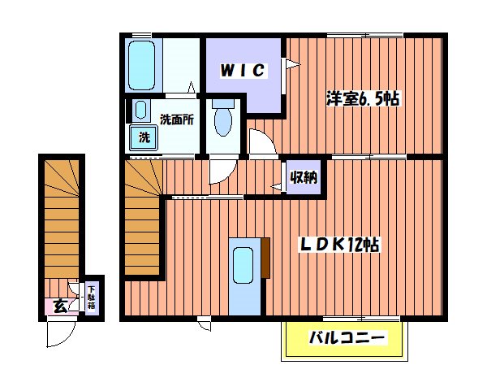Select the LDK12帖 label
point(343,244)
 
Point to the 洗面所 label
point(176,119)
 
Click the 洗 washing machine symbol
point(144,137)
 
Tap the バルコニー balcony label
point(345,337)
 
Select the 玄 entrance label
point(60,306)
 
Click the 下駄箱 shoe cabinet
point(91,298)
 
